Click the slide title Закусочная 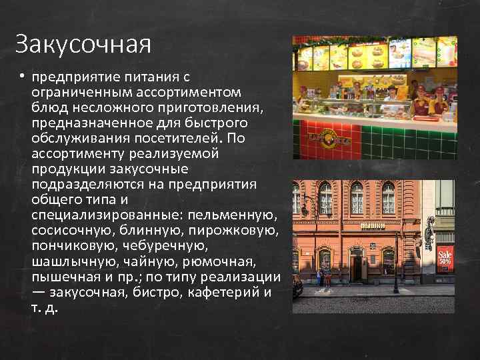(83, 45)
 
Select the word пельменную (233, 215)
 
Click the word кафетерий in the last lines (227, 291)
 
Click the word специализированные (107, 215)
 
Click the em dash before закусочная (37, 292)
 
